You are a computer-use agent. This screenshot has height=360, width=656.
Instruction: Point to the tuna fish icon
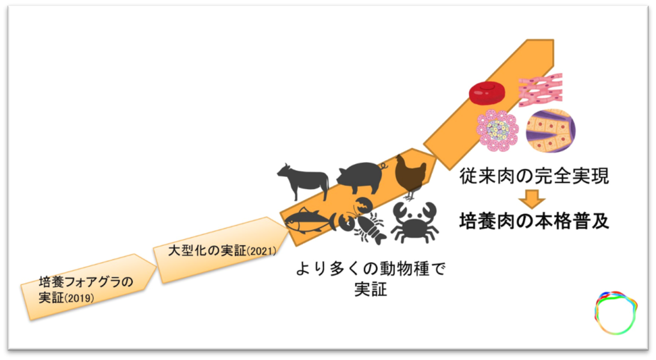[309, 220]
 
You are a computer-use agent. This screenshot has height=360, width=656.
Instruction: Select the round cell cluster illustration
[496, 129]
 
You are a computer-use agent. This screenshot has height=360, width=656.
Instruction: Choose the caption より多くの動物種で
[370, 268]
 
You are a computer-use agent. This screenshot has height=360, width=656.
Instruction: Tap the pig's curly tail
[384, 165]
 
